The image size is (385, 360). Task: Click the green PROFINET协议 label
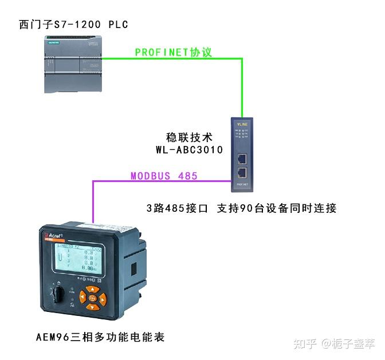click(174, 52)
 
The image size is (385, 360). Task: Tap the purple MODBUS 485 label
click(164, 176)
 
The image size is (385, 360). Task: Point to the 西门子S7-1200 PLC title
click(73, 24)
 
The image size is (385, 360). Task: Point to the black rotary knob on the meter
click(57, 298)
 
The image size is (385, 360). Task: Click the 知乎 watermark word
click(304, 343)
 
